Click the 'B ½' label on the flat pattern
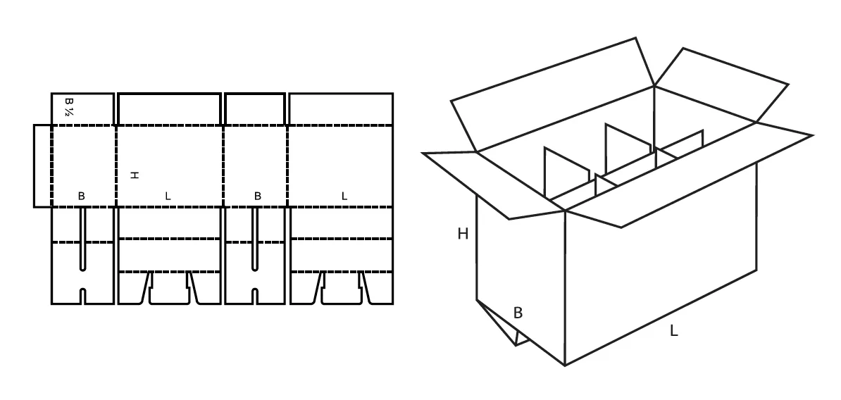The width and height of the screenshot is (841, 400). [x=69, y=108]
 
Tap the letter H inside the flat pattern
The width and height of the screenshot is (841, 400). [x=134, y=174]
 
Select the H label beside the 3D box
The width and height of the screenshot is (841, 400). [x=463, y=234]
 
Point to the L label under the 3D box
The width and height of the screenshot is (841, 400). [x=673, y=330]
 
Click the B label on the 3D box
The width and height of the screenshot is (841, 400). [x=518, y=313]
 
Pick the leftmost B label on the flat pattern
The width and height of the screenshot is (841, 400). [x=81, y=196]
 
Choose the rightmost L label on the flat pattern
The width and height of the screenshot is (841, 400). [x=344, y=196]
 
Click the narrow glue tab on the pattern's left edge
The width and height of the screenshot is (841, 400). [x=42, y=166]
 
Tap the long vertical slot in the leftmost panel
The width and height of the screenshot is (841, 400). [x=82, y=239]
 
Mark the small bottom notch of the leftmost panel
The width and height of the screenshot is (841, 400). [x=82, y=296]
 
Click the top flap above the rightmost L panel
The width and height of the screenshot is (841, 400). [x=340, y=109]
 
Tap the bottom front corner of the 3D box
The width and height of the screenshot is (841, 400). [x=565, y=365]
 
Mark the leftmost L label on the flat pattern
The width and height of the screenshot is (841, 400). [x=168, y=196]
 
